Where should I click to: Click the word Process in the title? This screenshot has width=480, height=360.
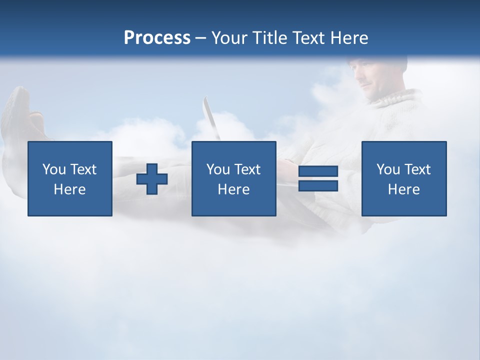pos(157,38)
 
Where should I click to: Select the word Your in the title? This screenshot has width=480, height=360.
pos(228,38)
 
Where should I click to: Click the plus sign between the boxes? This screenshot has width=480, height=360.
pos(152,178)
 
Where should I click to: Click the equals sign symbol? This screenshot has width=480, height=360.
pos(318,178)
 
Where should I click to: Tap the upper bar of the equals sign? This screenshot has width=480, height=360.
pos(318,171)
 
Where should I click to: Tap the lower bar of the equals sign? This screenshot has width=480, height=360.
pos(318,185)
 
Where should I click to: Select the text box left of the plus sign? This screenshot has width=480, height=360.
pos(70,178)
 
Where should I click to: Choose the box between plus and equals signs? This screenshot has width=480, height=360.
pos(233,178)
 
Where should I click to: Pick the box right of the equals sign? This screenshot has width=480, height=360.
pos(403,178)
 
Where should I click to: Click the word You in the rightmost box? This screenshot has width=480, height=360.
pos(388,169)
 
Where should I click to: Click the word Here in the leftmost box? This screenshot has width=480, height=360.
pos(70,189)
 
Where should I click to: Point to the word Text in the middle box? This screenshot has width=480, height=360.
pos(247,169)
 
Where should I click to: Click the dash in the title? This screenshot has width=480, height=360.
pos(200,38)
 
